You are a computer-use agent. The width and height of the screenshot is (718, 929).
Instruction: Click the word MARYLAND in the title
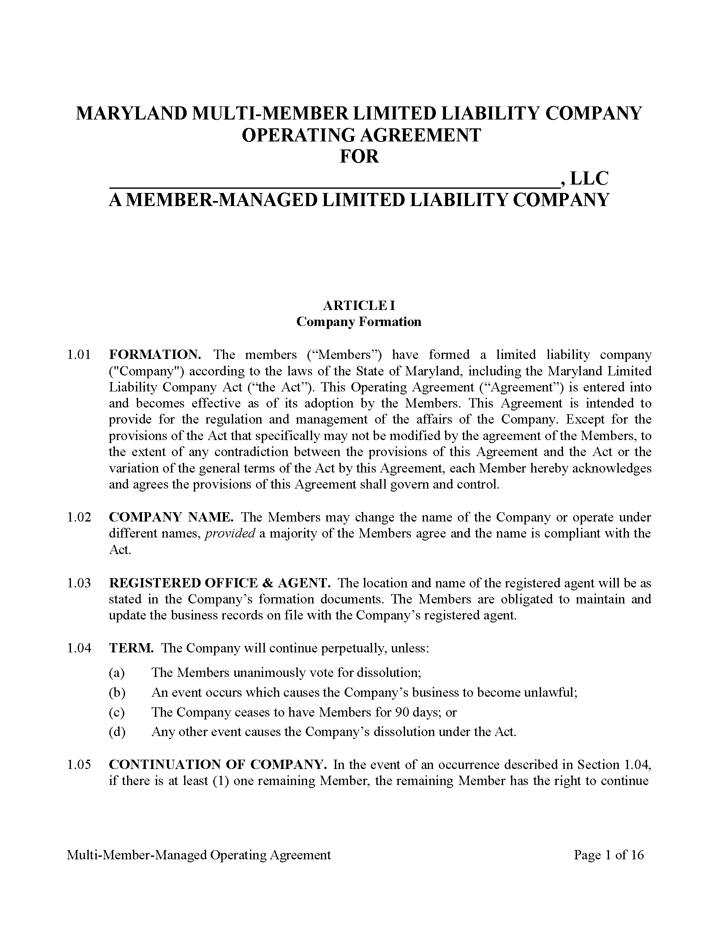tap(131, 114)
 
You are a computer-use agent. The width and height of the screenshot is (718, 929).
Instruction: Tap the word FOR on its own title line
tap(359, 157)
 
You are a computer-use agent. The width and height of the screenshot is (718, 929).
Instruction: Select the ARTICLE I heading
tap(359, 305)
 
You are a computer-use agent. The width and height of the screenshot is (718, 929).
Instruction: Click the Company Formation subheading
tap(359, 322)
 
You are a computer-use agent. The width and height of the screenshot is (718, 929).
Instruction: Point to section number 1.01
tap(79, 355)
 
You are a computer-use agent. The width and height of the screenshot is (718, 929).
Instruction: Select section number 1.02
tap(79, 517)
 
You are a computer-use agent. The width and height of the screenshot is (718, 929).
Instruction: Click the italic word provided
tap(230, 533)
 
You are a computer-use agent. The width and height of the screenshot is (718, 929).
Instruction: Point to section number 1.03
tap(79, 583)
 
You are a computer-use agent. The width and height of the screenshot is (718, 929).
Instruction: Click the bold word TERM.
tap(131, 648)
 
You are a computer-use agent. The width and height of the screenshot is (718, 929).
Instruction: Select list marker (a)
tap(117, 673)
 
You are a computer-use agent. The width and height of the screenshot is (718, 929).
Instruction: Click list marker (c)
tap(117, 712)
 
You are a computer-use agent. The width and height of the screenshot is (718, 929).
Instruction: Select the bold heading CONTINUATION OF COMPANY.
tap(218, 765)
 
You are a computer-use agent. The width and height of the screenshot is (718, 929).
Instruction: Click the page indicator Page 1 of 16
tap(609, 855)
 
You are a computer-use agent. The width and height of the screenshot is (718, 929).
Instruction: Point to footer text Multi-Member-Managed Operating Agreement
tap(199, 855)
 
